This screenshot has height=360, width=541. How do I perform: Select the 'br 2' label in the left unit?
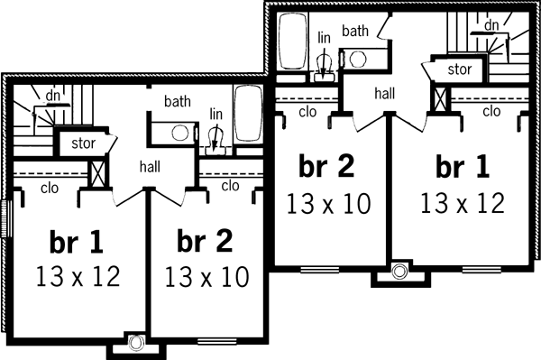click(206, 241)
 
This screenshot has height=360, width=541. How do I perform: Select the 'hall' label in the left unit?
click(150, 166)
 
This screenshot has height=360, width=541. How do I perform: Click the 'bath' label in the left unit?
click(176, 103)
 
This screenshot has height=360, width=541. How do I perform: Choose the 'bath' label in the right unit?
click(354, 31)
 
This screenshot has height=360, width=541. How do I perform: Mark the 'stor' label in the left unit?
click(72, 143)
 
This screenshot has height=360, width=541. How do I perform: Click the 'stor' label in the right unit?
click(459, 69)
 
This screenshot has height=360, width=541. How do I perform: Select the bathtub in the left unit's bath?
click(248, 114)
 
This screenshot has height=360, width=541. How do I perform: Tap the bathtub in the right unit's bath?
click(293, 42)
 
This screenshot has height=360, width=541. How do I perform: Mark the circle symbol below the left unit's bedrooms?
click(136, 342)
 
